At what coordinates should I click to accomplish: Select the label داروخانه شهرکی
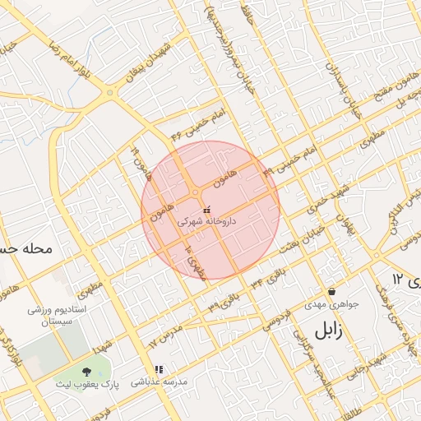pos(206,222)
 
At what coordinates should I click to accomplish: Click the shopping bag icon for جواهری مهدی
pos(331,291)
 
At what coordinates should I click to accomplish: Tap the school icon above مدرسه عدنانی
pos(159,370)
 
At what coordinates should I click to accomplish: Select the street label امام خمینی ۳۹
pos(291,161)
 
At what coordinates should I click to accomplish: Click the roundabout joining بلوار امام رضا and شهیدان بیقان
pos(110,92)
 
